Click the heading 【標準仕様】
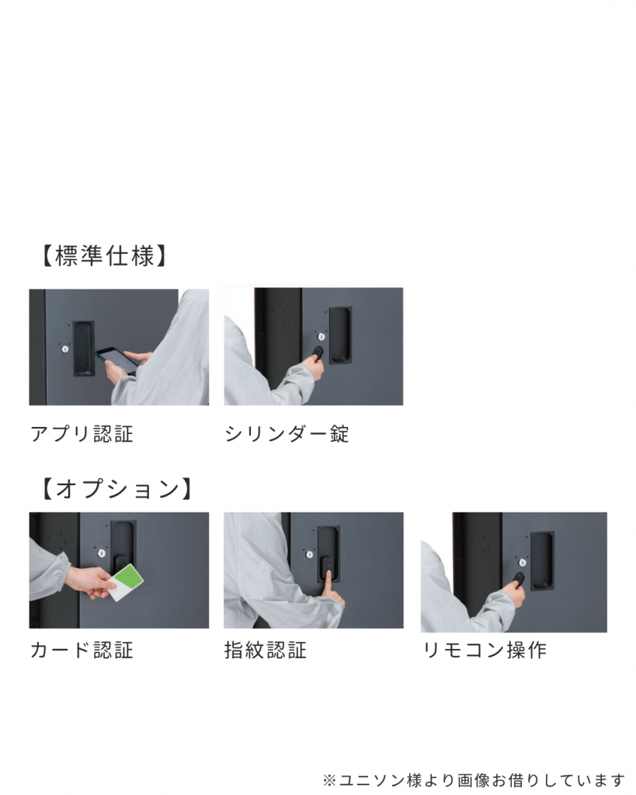tap(103, 256)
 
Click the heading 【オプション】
tap(116, 489)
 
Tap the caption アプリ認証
tap(82, 434)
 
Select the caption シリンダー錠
tap(287, 434)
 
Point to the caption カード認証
tap(82, 650)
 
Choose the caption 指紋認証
tap(266, 650)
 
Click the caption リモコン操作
tap(485, 650)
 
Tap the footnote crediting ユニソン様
tap(474, 779)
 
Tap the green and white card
tap(125, 582)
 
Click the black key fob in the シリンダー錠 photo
tap(318, 352)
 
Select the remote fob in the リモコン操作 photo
tap(518, 578)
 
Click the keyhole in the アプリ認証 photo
tap(65, 349)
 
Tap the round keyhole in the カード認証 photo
tap(102, 553)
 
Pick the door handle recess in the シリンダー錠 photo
tap(340, 335)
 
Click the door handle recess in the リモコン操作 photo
tap(542, 561)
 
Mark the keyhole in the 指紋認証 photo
tap(309, 554)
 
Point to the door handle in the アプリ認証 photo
tap(84, 349)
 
